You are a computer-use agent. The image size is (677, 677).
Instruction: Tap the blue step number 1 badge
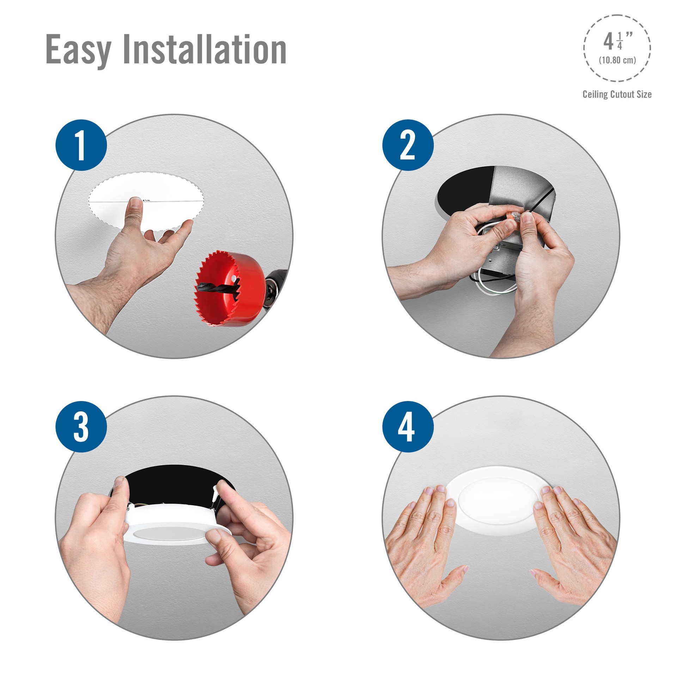point(81,145)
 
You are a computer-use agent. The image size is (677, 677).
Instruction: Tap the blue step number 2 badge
point(408,145)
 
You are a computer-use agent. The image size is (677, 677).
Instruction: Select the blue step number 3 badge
point(81,427)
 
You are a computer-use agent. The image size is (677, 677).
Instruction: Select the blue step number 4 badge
point(408,427)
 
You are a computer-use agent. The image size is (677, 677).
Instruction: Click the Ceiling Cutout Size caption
point(617,94)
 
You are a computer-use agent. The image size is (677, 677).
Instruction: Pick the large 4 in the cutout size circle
point(608,42)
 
